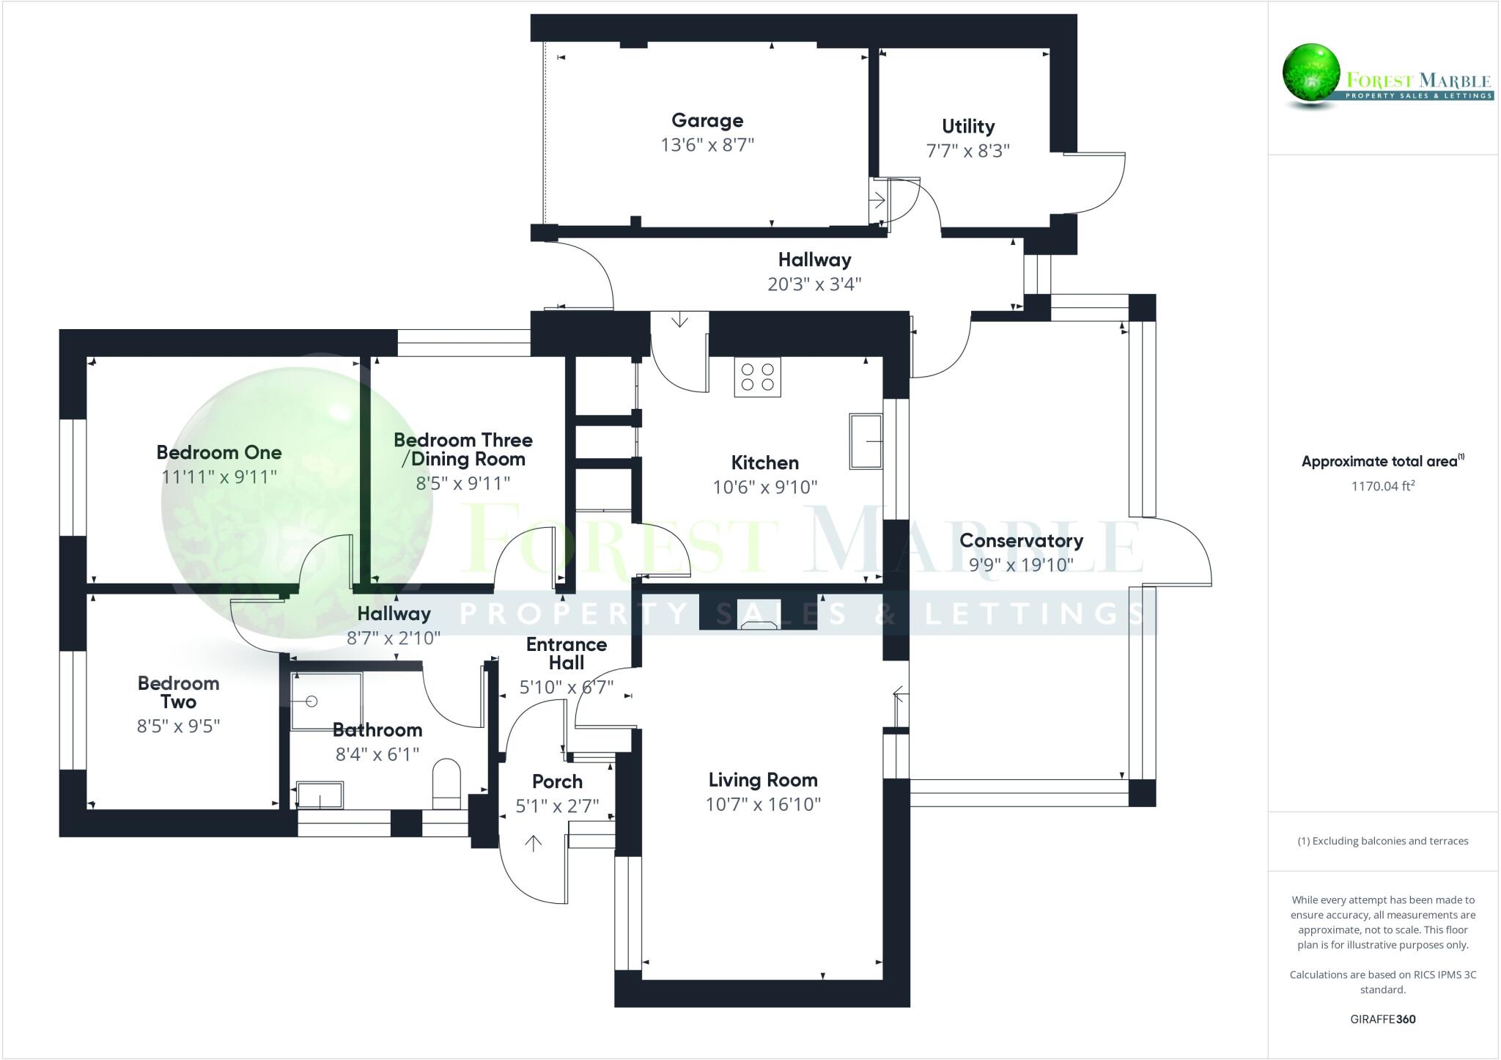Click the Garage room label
pos(707,120)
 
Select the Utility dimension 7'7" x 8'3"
pos(967,150)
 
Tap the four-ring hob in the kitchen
pos(757,377)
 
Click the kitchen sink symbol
pos(866,441)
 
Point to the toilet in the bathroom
pos(446,783)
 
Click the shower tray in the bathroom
pos(326,701)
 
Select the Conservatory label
pos(1021,540)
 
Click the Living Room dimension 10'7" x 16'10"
pos(762,804)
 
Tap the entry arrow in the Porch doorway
pos(533,843)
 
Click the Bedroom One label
pos(218,452)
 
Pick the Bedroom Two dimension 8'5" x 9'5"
pos(178,726)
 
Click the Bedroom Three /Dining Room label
pos(462,449)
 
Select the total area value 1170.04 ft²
pos(1382,485)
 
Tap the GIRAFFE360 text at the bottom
pos(1382,1019)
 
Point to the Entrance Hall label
pos(566,653)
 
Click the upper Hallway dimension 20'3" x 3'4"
pos(814,284)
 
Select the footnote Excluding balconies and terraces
pos(1382,841)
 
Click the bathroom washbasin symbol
pos(320,795)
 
